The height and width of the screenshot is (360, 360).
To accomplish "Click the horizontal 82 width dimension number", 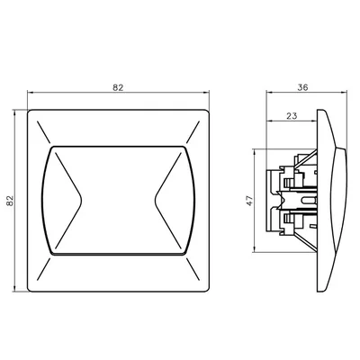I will tap(118, 86).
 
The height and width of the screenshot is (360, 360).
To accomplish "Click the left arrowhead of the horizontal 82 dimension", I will tap(31, 94).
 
